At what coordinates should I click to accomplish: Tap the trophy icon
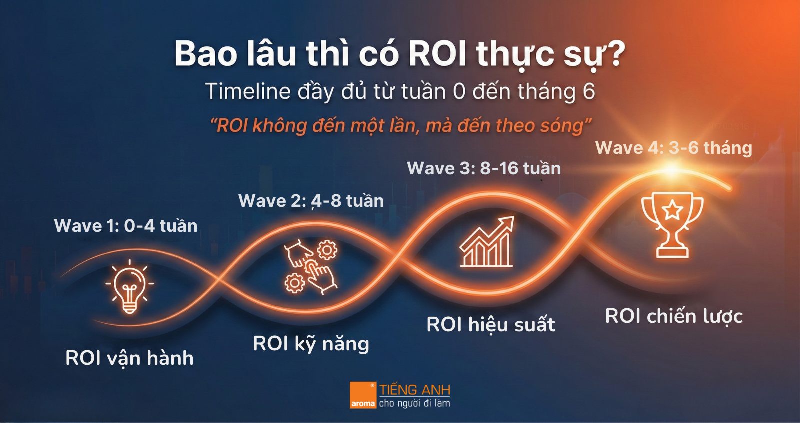(x=672, y=225)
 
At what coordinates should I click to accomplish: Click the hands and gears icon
(x=310, y=267)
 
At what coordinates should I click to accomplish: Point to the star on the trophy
(x=672, y=210)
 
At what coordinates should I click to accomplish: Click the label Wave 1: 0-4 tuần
(x=126, y=226)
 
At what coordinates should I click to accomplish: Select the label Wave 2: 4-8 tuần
(x=311, y=201)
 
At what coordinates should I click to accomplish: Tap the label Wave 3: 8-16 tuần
(x=484, y=168)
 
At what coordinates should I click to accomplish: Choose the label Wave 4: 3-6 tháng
(x=674, y=148)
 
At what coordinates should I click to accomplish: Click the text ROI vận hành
(x=129, y=358)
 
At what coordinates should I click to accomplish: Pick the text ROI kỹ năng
(x=311, y=344)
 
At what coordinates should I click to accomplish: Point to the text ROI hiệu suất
(x=491, y=325)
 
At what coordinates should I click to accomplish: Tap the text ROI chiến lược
(x=674, y=316)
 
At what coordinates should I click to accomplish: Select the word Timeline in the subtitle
(x=248, y=91)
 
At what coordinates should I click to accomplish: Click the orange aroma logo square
(x=363, y=395)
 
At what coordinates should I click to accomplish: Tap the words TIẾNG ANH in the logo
(x=414, y=390)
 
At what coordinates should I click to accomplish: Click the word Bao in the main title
(x=206, y=54)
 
